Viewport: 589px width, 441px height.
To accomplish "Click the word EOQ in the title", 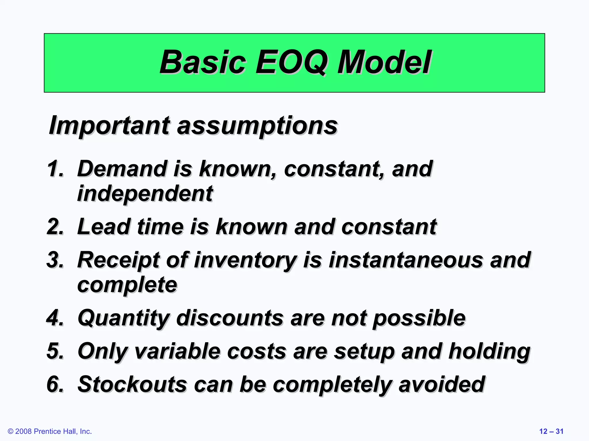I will pos(291,62).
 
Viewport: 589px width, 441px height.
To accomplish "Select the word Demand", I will pos(122,169).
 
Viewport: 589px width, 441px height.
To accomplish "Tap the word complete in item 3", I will pos(127,285).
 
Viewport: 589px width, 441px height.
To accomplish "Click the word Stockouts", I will pos(132,384).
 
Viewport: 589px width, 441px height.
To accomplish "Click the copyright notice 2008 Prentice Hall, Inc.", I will pos(50,431).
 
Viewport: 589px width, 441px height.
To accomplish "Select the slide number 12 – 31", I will pos(551,431).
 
